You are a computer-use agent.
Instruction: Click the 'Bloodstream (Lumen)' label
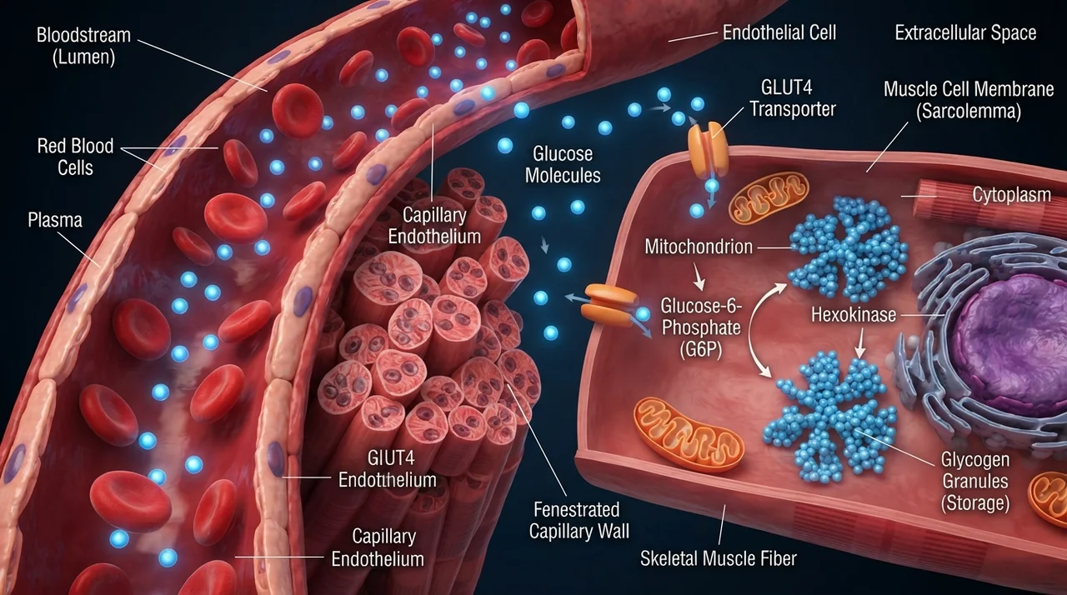[83, 46]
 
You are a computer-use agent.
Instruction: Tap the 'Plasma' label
[55, 220]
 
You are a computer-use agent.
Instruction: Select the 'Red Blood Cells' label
[75, 157]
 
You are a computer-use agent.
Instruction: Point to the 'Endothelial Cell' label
[779, 32]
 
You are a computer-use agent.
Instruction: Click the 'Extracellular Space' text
[965, 32]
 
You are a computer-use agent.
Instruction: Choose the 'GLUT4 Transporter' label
[793, 98]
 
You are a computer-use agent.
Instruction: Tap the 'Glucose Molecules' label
[563, 164]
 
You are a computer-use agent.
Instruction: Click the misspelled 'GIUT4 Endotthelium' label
[388, 469]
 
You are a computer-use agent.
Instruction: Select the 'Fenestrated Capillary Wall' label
[579, 520]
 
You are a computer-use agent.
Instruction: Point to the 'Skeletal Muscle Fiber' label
[719, 558]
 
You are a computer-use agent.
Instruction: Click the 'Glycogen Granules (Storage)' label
[975, 482]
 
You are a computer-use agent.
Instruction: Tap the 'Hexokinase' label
[854, 315]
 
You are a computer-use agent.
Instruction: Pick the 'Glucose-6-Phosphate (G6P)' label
[701, 327]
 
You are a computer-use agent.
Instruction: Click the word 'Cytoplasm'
[1011, 195]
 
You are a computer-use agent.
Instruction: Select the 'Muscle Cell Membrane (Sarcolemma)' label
[969, 100]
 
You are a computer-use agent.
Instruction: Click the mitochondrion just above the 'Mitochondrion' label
[769, 197]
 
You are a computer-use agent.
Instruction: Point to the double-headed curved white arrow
[751, 328]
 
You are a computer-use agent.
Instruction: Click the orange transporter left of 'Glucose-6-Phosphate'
[609, 302]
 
